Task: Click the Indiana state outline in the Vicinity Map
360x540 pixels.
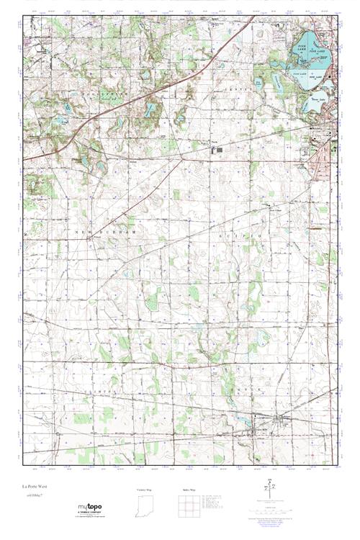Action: (145, 508)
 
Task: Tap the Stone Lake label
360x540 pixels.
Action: (318, 91)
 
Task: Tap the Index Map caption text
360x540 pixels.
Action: (189, 490)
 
